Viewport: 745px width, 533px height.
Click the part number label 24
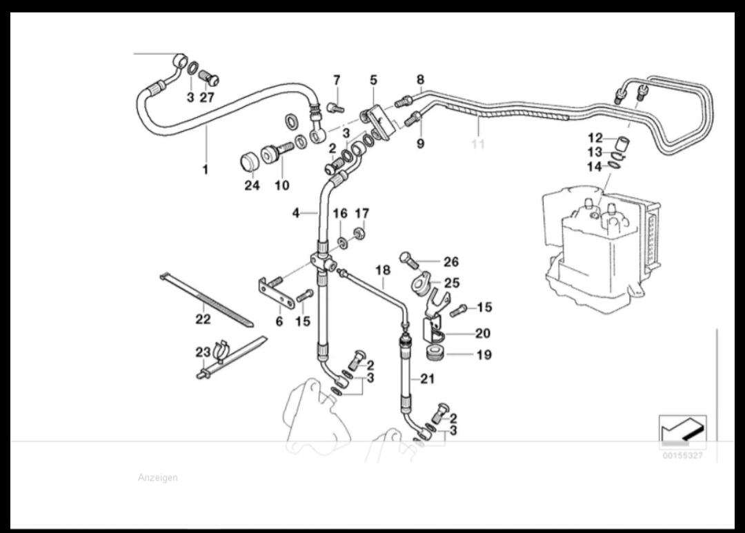coord(252,185)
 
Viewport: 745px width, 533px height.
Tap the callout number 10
coord(282,185)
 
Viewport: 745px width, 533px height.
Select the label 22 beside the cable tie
coord(203,319)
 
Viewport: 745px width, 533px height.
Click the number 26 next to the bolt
coord(450,262)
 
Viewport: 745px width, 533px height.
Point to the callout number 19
coord(484,355)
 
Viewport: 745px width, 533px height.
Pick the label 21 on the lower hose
coord(428,379)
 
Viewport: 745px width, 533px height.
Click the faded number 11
coord(477,144)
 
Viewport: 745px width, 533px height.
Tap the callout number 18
coord(383,270)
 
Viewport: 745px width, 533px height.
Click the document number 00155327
coord(683,456)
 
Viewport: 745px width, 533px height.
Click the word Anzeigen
coord(157,478)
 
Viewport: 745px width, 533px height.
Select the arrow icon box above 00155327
coord(682,432)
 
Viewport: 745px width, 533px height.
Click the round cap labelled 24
coord(249,162)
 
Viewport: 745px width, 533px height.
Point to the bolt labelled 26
coord(409,260)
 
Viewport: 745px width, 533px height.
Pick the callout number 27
coord(207,98)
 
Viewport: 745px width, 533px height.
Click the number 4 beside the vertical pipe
coord(296,213)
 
